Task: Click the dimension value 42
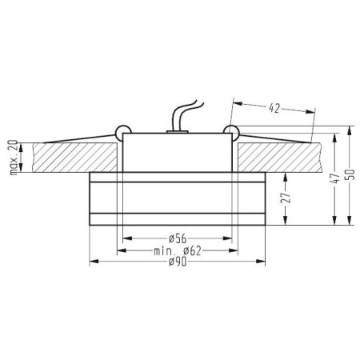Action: (274, 108)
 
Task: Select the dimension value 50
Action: (352, 174)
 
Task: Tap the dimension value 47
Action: (337, 178)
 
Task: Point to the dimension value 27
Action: (286, 198)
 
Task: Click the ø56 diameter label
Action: (178, 238)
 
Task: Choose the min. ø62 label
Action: (178, 251)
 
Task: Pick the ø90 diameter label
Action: (178, 262)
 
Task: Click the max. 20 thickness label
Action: (14, 158)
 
